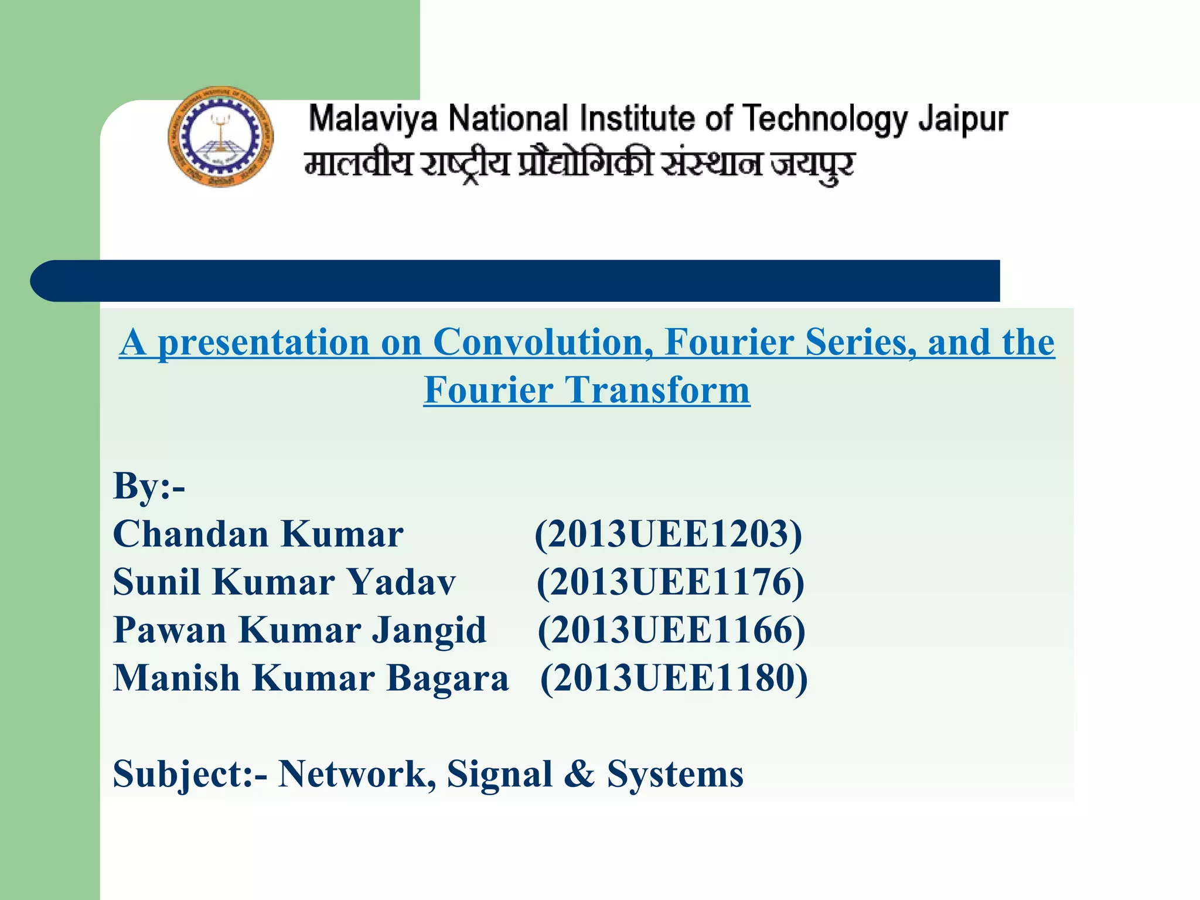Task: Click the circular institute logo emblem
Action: click(220, 137)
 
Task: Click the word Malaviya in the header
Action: click(373, 118)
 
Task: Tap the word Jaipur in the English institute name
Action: click(963, 120)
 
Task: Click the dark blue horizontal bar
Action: click(516, 281)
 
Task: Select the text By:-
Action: click(149, 486)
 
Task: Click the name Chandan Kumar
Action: click(258, 534)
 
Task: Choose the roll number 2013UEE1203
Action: click(668, 534)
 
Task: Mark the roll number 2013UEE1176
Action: click(670, 582)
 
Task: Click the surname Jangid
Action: click(429, 630)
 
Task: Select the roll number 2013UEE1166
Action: click(671, 630)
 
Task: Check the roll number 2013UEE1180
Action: click(673, 679)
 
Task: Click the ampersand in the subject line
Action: click(579, 774)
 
